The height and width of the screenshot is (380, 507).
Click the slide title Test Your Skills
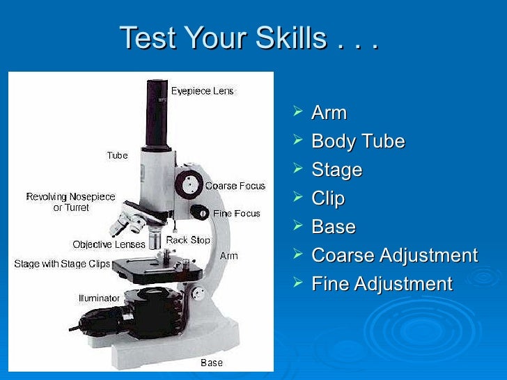(x=249, y=38)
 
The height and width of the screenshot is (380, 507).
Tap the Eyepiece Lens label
(x=203, y=91)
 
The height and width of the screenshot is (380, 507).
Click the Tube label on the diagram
(x=117, y=155)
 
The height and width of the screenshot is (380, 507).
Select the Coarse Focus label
(x=235, y=186)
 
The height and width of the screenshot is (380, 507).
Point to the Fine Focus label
(x=236, y=213)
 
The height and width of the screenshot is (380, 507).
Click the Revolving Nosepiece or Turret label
(x=71, y=202)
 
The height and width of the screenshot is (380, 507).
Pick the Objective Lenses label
(x=109, y=244)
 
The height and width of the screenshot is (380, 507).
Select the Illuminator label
(x=99, y=298)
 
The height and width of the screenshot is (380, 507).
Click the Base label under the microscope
(x=212, y=362)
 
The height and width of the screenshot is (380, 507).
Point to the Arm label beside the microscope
(x=228, y=255)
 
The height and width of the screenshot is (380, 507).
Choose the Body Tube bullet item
(x=358, y=141)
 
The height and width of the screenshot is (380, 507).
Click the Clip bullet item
(x=328, y=198)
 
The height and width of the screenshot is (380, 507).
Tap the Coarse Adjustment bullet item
(x=394, y=255)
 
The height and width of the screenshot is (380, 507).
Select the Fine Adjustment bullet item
(x=382, y=284)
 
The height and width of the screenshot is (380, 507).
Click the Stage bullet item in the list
(x=337, y=170)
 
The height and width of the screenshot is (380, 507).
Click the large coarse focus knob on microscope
(x=187, y=184)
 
